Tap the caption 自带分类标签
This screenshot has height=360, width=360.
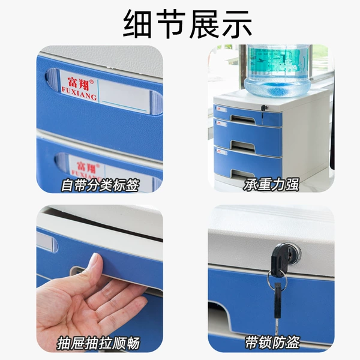[x=100, y=185]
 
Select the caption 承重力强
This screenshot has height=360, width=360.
[x=271, y=185]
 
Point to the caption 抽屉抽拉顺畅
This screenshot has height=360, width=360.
[x=98, y=343]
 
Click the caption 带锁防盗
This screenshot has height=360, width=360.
[x=272, y=343]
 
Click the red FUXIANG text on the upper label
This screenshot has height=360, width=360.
[x=79, y=93]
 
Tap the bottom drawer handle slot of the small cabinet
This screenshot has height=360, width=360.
[x=242, y=174]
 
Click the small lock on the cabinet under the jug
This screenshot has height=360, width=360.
[x=265, y=107]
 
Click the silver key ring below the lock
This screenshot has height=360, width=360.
[x=277, y=281]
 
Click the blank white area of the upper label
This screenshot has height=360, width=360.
[x=124, y=97]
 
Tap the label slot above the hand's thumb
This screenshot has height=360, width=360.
[x=47, y=242]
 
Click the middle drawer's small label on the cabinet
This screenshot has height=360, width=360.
[x=221, y=124]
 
